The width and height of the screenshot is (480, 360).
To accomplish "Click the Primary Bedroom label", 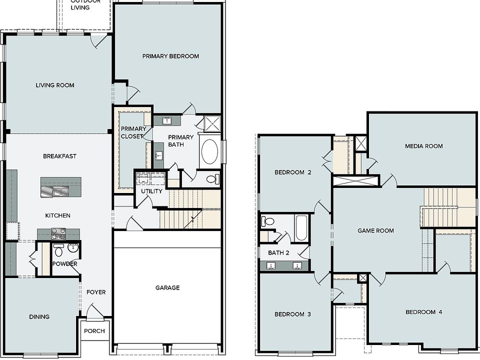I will [x=170, y=56].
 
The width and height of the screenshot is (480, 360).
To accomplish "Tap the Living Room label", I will [x=55, y=85].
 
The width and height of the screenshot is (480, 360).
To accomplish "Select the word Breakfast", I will [x=59, y=156].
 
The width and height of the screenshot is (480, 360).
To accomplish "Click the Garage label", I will [x=167, y=287].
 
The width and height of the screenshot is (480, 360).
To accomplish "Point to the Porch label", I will [x=94, y=331].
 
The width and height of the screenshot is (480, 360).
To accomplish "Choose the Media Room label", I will [x=423, y=146].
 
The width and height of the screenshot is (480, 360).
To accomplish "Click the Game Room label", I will [x=375, y=230].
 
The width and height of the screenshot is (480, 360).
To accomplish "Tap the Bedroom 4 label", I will [x=423, y=312].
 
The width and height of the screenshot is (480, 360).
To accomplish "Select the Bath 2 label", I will [x=278, y=252].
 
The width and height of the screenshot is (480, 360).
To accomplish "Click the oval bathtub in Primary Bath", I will [x=209, y=151].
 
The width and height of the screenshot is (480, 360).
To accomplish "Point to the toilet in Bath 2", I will [x=268, y=221].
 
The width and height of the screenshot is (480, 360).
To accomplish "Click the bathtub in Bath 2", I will [x=300, y=228].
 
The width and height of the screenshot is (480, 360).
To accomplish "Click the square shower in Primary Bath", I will [x=212, y=122].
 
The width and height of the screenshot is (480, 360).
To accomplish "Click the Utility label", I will [x=151, y=191].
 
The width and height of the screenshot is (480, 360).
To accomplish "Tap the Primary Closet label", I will [x=133, y=132].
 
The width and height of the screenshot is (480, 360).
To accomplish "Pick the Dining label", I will [x=39, y=316].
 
